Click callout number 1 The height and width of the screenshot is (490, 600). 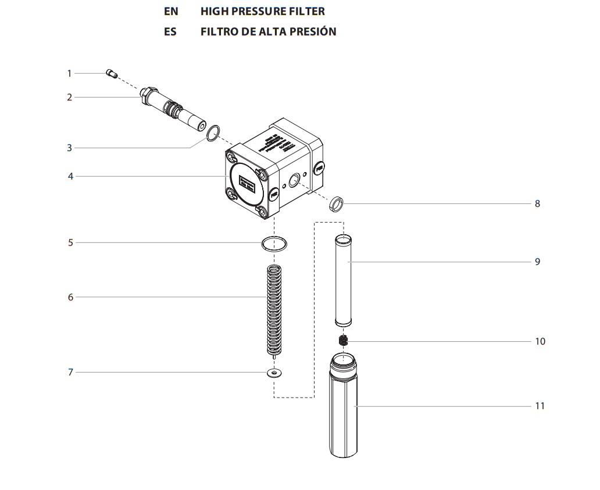tap(69, 73)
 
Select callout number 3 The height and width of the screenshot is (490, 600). tap(69, 148)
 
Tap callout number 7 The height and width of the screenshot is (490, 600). tap(70, 372)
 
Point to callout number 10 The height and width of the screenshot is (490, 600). tap(540, 341)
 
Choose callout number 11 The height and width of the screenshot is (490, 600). tap(540, 406)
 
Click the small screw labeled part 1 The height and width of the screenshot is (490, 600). tap(112, 73)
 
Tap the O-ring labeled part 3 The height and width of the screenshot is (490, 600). tap(213, 133)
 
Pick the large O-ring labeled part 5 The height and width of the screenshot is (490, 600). tap(274, 243)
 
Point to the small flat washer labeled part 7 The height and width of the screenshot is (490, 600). tap(273, 373)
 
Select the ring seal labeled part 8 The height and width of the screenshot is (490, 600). tap(336, 204)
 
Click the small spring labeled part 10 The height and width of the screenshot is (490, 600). tap(344, 341)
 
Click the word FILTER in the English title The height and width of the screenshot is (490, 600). tap(305, 11)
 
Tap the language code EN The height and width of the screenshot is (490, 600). tap(171, 11)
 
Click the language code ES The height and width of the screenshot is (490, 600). tap(170, 31)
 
